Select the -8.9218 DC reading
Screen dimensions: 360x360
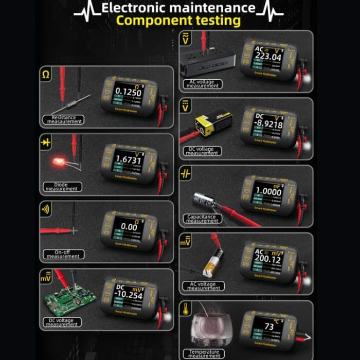click(x=268, y=124)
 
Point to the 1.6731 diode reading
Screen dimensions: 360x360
click(x=129, y=160)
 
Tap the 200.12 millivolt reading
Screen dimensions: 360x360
click(x=268, y=260)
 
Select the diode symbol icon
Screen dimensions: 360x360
click(x=46, y=142)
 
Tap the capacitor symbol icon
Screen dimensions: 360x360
click(x=185, y=174)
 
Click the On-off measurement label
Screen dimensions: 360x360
click(x=63, y=254)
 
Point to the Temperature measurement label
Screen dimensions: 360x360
click(x=204, y=354)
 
